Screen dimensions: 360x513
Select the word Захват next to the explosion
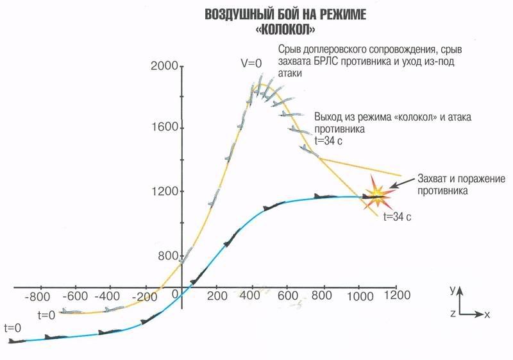(433, 178)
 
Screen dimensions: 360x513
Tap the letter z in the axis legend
(453, 314)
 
